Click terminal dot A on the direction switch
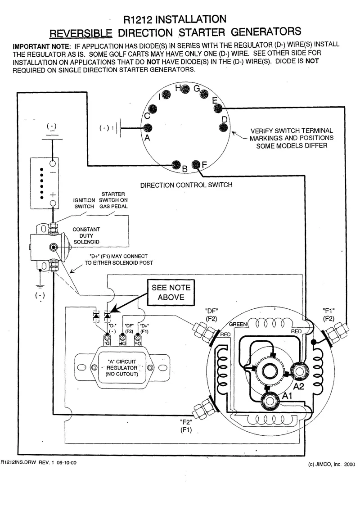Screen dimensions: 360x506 point(148,128)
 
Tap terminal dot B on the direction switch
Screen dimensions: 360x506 point(176,165)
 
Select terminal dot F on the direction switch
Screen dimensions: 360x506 point(196,165)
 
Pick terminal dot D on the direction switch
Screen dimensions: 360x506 point(223,128)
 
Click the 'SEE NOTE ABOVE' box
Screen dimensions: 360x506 point(171,292)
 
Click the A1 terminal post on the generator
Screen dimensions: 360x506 point(270,401)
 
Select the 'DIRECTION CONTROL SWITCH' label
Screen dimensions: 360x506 point(186,185)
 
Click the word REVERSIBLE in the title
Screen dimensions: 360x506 point(81,33)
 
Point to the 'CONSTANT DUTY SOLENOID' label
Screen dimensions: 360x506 point(86,235)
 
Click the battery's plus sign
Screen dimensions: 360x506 point(53,195)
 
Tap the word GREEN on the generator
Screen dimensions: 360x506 point(238,324)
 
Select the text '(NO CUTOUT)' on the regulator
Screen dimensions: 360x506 point(121,374)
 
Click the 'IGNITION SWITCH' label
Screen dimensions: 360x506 point(84,203)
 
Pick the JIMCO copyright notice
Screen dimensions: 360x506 point(331,465)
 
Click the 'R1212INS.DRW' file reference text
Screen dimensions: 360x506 point(18,462)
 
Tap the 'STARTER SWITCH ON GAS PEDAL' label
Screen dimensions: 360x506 point(113,200)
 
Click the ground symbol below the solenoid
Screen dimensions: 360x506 point(40,285)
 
